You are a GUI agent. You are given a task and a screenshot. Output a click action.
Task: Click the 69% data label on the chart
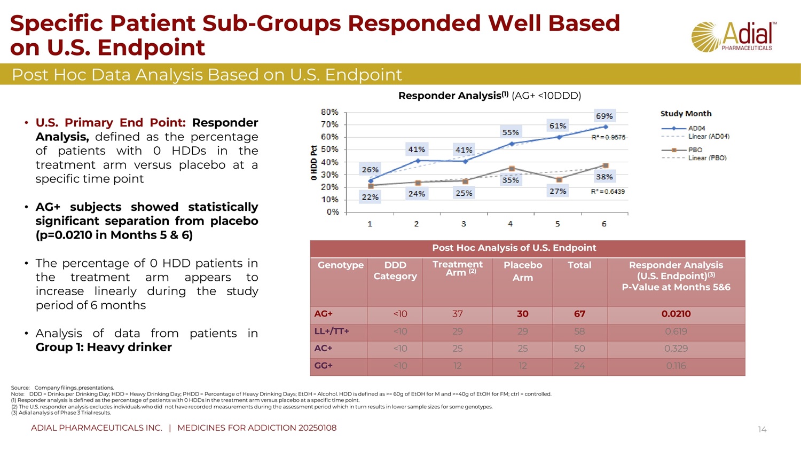(x=604, y=116)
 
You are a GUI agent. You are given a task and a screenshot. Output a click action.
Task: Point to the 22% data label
(x=370, y=197)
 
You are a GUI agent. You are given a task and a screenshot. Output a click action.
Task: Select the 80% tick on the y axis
(x=329, y=112)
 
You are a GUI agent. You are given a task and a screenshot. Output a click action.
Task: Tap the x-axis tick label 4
(x=511, y=224)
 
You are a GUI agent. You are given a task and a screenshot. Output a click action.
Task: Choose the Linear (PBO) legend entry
(x=707, y=158)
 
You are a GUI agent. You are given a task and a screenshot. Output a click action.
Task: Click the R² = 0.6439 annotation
(x=608, y=192)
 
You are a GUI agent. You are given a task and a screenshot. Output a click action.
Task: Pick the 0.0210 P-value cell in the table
(x=676, y=314)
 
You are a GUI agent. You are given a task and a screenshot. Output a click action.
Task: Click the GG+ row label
(x=324, y=366)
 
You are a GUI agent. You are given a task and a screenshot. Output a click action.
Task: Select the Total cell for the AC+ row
(x=579, y=349)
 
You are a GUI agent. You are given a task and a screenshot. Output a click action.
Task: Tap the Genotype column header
(x=341, y=265)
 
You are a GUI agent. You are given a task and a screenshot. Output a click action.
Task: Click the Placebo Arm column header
(x=523, y=271)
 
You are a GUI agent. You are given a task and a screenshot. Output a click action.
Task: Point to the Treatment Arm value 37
(x=458, y=314)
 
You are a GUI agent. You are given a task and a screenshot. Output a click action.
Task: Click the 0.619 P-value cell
(x=676, y=331)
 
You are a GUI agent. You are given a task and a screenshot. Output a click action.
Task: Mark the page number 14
(x=762, y=430)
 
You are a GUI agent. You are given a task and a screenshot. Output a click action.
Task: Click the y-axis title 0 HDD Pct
(x=314, y=163)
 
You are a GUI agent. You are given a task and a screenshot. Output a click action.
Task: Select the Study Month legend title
(x=686, y=114)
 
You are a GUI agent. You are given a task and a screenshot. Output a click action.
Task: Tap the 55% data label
(x=511, y=132)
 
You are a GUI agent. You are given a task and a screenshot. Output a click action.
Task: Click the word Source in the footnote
(x=20, y=388)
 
